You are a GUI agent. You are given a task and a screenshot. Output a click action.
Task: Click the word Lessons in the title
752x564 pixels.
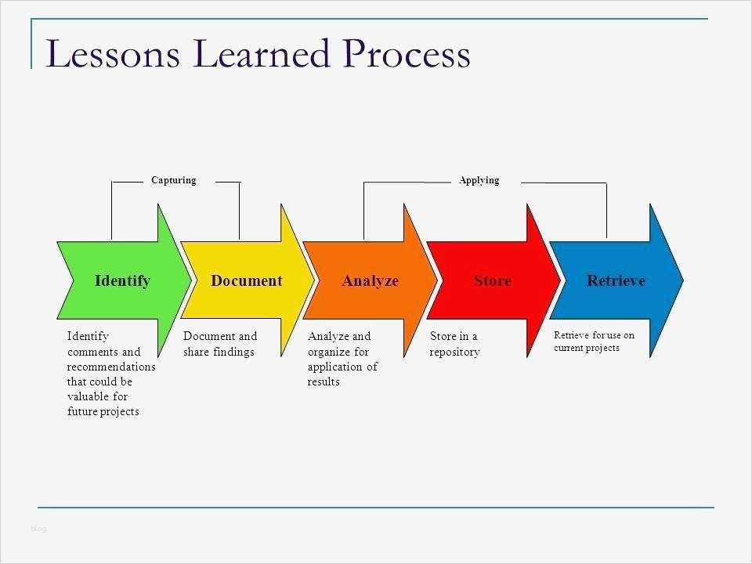pyautogui.click(x=114, y=55)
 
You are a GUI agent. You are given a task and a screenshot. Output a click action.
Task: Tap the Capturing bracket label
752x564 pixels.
pyautogui.click(x=173, y=180)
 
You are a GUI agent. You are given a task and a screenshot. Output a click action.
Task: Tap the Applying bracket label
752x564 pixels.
pyautogui.click(x=479, y=180)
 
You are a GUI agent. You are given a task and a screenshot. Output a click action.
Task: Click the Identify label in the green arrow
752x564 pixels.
pyautogui.click(x=122, y=280)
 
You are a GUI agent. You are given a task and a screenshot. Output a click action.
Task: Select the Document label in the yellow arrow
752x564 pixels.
pyautogui.click(x=246, y=280)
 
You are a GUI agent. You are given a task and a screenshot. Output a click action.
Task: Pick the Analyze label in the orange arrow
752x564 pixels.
pyautogui.click(x=370, y=280)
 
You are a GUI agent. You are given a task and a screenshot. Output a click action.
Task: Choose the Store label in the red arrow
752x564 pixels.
pyautogui.click(x=492, y=280)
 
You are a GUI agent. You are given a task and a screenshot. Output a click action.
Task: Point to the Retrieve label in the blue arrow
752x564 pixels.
pyautogui.click(x=616, y=280)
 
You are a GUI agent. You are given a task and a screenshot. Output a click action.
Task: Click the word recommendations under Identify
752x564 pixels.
pyautogui.click(x=111, y=367)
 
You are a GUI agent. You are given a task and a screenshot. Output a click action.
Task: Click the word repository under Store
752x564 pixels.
pyautogui.click(x=454, y=352)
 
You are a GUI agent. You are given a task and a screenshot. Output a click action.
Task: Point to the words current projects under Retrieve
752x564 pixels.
pyautogui.click(x=586, y=348)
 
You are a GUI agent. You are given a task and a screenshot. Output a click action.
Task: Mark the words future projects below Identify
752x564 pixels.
pyautogui.click(x=103, y=411)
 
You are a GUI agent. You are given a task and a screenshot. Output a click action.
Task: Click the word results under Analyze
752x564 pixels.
pyautogui.click(x=324, y=381)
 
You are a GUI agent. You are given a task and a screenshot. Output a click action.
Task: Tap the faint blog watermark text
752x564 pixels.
pyautogui.click(x=39, y=529)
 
